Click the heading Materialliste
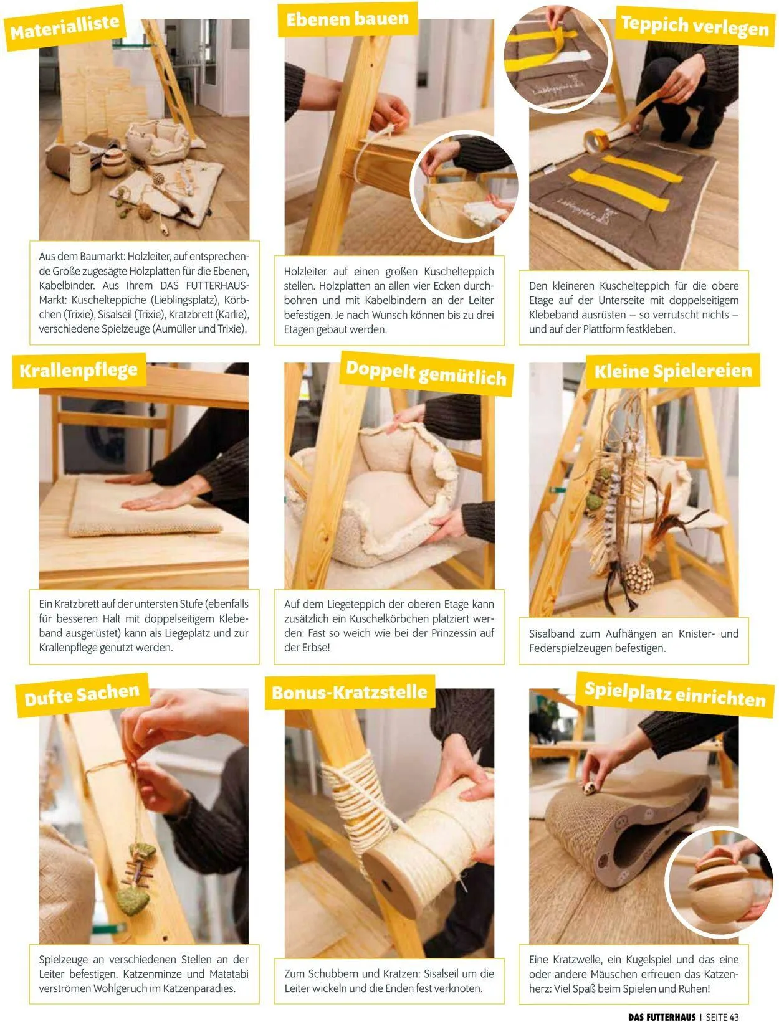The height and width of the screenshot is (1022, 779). click(65, 28)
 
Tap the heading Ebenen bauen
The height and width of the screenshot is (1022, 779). click(347, 19)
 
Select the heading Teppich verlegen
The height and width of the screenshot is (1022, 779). click(695, 26)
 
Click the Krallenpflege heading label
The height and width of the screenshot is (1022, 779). click(79, 370)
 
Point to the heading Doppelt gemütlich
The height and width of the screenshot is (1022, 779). click(426, 374)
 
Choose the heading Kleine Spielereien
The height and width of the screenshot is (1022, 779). click(673, 371)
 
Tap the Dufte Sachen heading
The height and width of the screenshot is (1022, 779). click(82, 695)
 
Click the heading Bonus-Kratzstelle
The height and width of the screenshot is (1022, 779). click(350, 693)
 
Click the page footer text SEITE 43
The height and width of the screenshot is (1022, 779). click(722, 1014)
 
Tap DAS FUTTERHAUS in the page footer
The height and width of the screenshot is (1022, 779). click(662, 1014)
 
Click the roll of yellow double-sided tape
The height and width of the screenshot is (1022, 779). click(595, 141)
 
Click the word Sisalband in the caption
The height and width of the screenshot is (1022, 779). click(552, 633)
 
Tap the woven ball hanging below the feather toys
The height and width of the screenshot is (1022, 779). click(639, 578)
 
